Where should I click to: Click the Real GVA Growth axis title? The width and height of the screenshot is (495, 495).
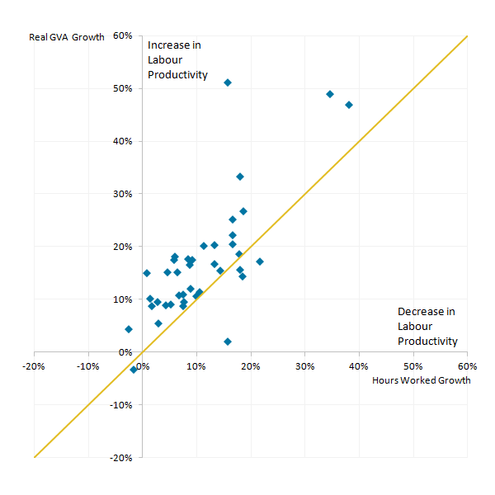click(67, 36)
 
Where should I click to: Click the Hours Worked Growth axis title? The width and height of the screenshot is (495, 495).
click(421, 380)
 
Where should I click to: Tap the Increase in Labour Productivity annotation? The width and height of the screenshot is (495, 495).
click(177, 60)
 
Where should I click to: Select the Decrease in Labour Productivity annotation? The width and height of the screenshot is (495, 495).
click(427, 326)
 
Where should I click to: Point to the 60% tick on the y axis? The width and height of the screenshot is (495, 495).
click(124, 36)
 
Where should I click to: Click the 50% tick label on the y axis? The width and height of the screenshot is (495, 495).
click(124, 88)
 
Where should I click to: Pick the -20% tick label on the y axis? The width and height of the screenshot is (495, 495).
click(122, 457)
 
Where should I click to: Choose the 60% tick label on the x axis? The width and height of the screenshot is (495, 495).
click(467, 365)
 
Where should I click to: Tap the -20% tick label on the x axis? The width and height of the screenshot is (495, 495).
click(33, 365)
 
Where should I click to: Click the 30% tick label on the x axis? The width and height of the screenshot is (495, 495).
click(304, 365)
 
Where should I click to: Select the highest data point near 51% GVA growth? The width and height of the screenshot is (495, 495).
click(228, 82)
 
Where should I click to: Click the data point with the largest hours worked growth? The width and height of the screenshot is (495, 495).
click(349, 105)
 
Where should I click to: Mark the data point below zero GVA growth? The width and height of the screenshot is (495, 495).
click(134, 370)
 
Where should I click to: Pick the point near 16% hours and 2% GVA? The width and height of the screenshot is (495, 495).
click(228, 342)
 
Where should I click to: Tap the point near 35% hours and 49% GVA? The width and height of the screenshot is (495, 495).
click(330, 94)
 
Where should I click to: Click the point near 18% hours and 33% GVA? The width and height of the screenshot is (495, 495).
click(240, 177)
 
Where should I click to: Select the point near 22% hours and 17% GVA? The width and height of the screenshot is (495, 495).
click(260, 262)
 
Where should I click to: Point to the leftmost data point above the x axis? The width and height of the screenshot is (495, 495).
click(129, 329)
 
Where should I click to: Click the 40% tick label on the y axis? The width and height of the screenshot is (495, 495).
click(124, 141)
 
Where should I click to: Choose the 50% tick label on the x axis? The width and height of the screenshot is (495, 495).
click(412, 365)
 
